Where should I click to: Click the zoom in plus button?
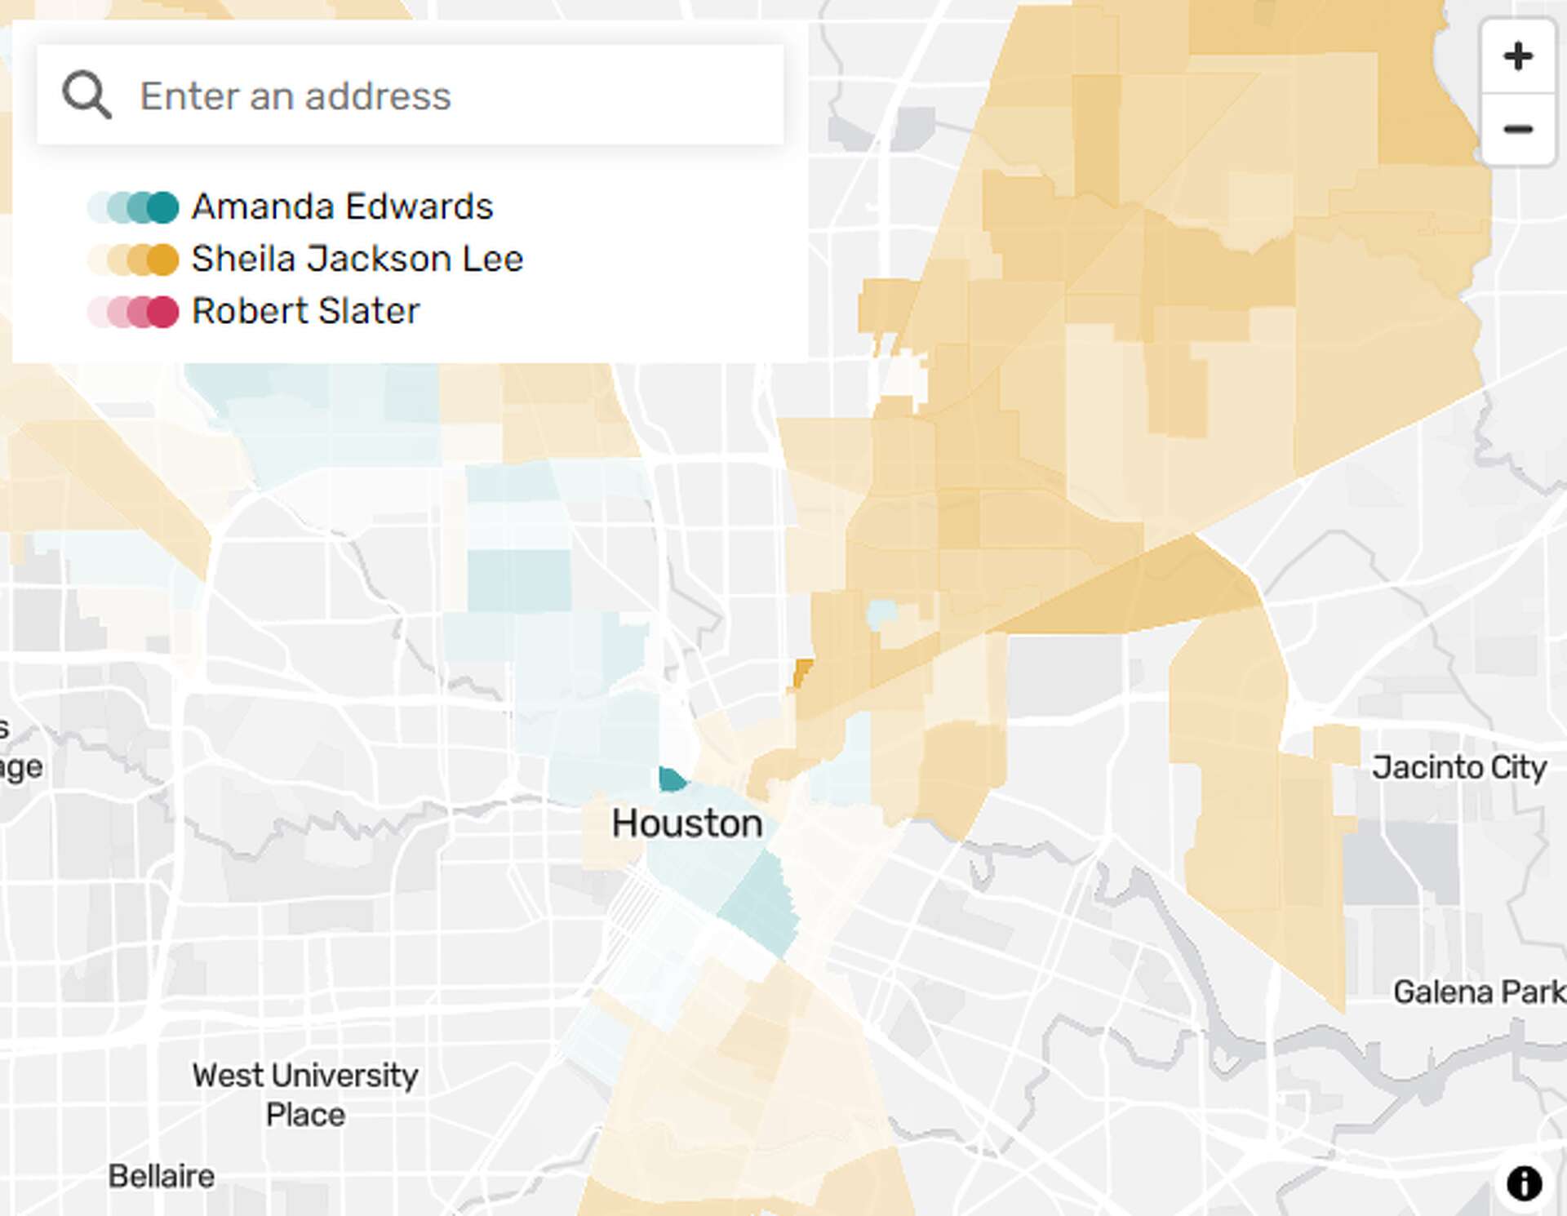coord(1517,56)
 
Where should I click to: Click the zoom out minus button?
coord(1517,129)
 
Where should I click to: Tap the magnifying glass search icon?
coord(87,95)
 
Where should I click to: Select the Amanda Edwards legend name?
coord(342,206)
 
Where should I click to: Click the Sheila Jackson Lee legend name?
coord(357,259)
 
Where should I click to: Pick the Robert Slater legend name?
coord(305,311)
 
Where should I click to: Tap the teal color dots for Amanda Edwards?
coord(134,207)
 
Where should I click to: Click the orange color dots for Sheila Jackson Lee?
coord(134,260)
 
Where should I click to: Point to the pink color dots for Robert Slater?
coord(134,312)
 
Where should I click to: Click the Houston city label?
coord(687,823)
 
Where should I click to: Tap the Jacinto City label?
coord(1458,767)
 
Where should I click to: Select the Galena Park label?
coord(1478,992)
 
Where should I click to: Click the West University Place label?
coord(305,1094)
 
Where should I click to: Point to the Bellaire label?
coord(162,1176)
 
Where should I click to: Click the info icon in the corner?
coord(1524,1183)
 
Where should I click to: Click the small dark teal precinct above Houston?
coord(672,779)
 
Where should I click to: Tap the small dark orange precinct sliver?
coord(803,674)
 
